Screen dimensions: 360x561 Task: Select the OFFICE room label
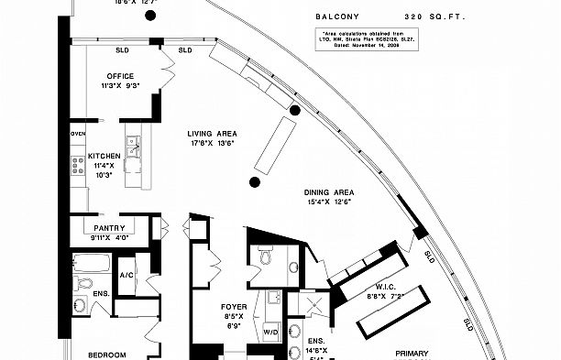point(121,76)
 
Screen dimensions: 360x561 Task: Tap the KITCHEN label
point(104,157)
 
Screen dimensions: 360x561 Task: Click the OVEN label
point(78,135)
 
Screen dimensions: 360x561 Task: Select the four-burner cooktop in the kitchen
point(78,166)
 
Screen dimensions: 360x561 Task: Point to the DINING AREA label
point(330,192)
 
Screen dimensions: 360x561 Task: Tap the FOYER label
point(234,307)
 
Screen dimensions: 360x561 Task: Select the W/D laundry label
point(270,332)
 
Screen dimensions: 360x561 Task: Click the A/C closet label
point(127,275)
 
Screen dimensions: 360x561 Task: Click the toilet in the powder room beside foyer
point(266,257)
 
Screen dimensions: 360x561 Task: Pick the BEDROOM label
point(107,355)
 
